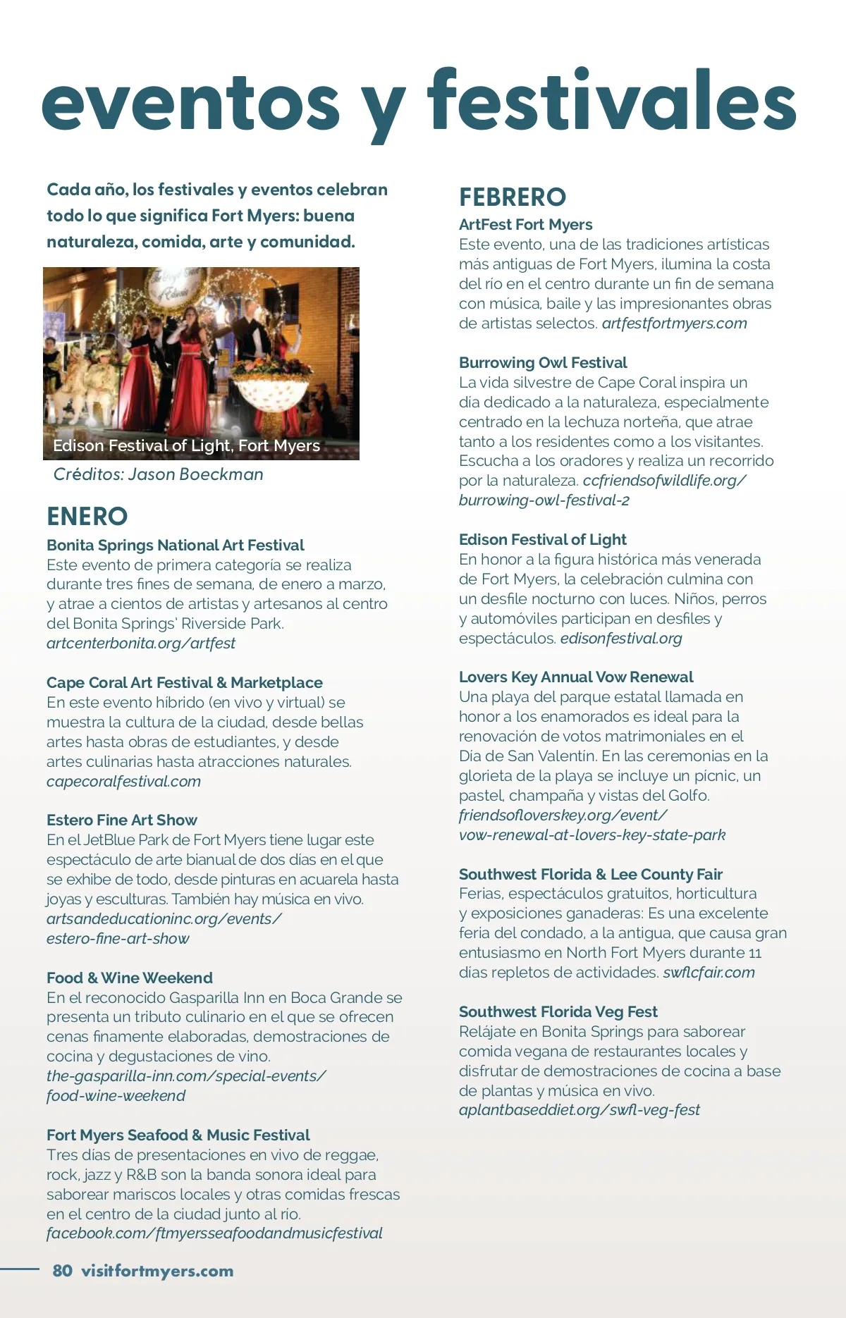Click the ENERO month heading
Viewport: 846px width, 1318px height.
pos(87,517)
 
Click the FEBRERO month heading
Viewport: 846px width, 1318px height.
pos(513,197)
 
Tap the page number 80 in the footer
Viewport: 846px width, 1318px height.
pos(62,1271)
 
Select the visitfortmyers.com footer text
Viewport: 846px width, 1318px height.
pos(157,1271)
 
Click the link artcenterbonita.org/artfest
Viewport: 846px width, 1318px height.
pos(141,643)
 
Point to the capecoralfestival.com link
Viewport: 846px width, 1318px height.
pos(123,782)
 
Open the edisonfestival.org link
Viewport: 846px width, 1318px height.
pos(621,639)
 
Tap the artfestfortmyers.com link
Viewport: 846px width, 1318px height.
pos(674,324)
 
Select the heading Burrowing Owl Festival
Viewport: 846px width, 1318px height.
pos(543,363)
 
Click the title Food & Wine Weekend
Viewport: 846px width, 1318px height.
pos(130,978)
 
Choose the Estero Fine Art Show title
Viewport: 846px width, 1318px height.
pos(122,820)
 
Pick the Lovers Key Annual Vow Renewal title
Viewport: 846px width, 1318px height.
pos(576,677)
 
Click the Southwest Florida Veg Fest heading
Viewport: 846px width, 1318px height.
pos(558,1012)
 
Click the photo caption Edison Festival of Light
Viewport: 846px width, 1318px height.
pos(186,445)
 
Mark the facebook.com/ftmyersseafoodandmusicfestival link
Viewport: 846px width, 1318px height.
pos(214,1233)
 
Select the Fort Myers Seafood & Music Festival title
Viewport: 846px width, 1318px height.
pos(178,1135)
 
